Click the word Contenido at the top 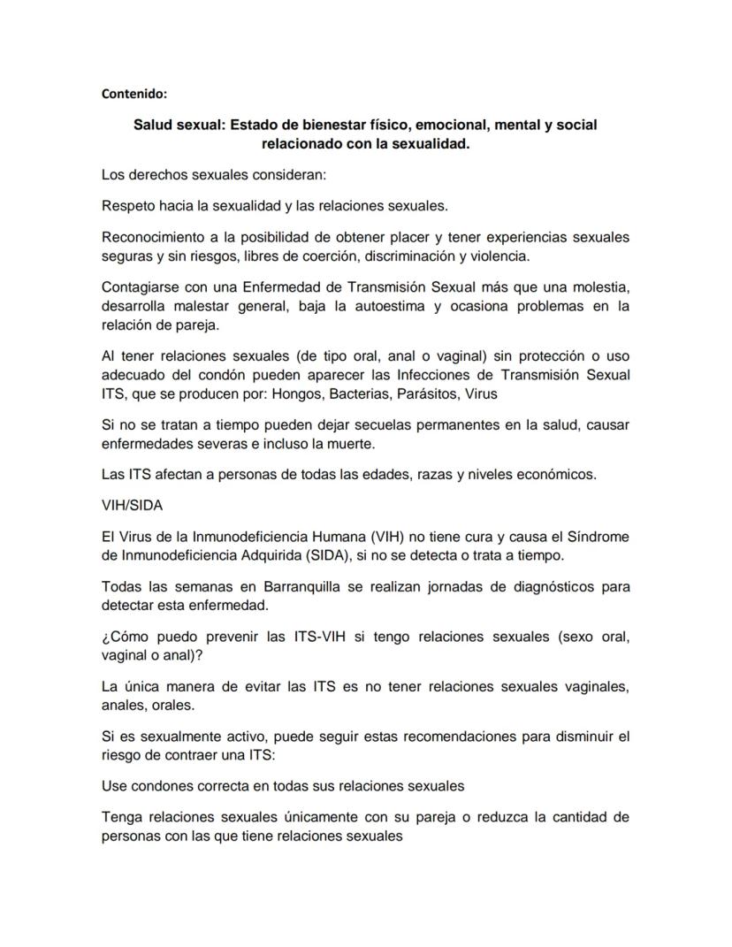[x=134, y=92]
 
